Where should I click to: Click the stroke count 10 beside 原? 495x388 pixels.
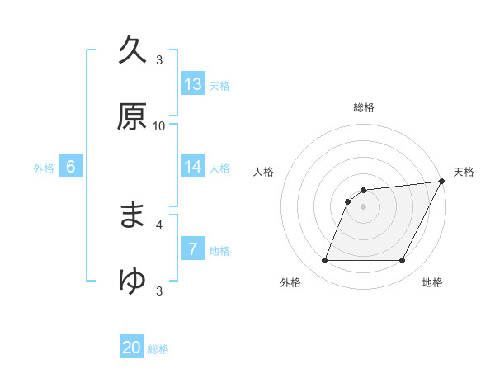coord(159,126)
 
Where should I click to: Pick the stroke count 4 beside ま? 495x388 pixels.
coord(159,224)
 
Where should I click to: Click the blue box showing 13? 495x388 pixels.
coord(193,84)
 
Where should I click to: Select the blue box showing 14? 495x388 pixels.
coord(193,167)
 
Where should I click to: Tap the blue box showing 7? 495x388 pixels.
coord(193,249)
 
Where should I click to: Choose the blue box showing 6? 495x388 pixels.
coord(71,167)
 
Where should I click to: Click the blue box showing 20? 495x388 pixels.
coord(132,348)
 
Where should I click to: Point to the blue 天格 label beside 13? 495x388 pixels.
coord(219,86)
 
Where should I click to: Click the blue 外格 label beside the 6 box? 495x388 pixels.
coord(44,168)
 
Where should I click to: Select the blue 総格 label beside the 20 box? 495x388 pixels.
coord(158,350)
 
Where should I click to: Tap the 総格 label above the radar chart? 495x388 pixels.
coord(364,107)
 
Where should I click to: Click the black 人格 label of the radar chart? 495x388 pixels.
coord(263,172)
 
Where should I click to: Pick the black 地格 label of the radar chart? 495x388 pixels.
coord(432,283)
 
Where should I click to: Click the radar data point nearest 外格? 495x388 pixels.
coord(324,261)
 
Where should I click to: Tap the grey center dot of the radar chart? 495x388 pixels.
coord(363,206)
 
